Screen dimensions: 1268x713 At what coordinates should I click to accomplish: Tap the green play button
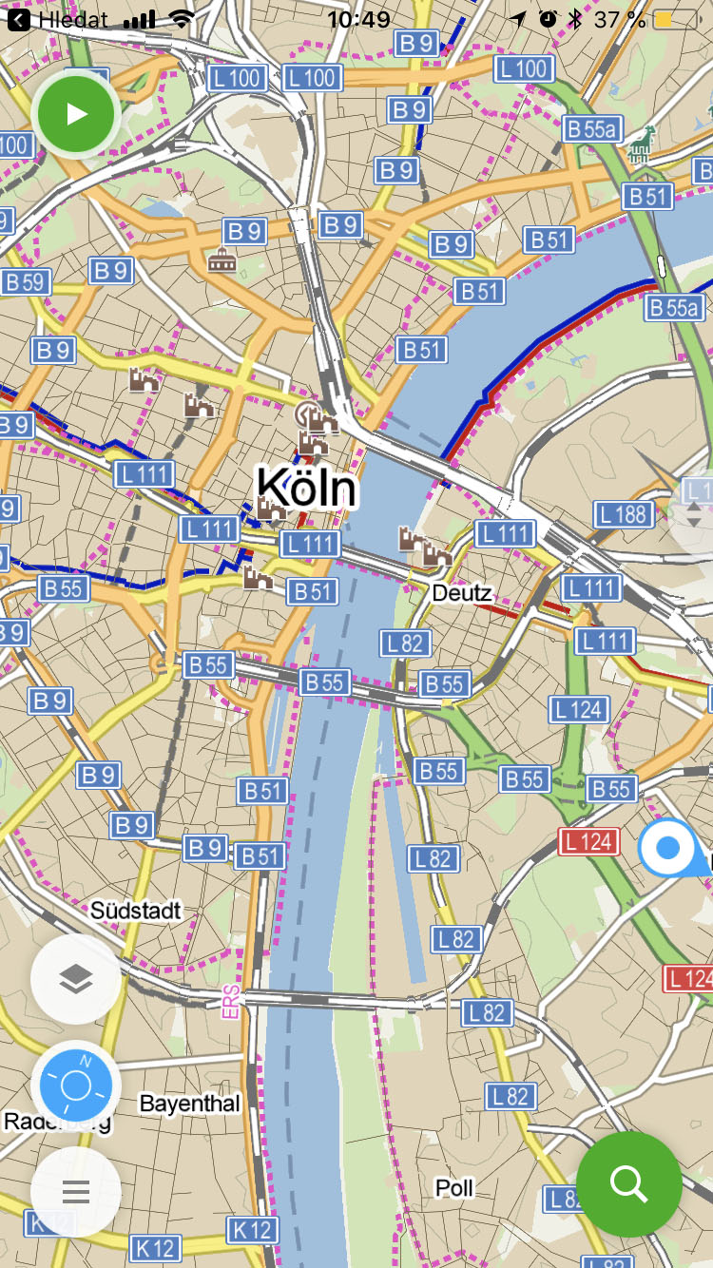76,115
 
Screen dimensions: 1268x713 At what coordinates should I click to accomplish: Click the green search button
628,1183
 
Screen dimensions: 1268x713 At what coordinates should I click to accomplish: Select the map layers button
76,979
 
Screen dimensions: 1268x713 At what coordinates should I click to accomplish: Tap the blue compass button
76,1085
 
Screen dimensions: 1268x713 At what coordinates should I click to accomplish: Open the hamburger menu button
76,1191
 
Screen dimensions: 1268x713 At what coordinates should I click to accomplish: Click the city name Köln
307,489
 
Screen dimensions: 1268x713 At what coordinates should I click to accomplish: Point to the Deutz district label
462,594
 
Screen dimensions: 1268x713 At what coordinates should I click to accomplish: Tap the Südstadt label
135,911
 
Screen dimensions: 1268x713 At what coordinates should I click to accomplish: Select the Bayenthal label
189,1104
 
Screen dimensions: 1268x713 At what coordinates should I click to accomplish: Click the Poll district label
454,1187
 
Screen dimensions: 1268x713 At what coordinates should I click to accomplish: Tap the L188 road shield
625,515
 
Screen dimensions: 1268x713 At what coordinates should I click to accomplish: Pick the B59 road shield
26,282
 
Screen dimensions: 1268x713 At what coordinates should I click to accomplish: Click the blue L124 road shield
579,709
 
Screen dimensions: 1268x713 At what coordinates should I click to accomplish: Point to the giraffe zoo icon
643,144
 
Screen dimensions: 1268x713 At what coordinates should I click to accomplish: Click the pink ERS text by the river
231,1003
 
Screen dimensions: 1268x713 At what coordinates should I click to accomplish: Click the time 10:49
358,19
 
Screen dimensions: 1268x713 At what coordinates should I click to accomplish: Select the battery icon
676,19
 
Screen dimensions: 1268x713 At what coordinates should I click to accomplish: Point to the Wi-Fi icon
182,19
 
